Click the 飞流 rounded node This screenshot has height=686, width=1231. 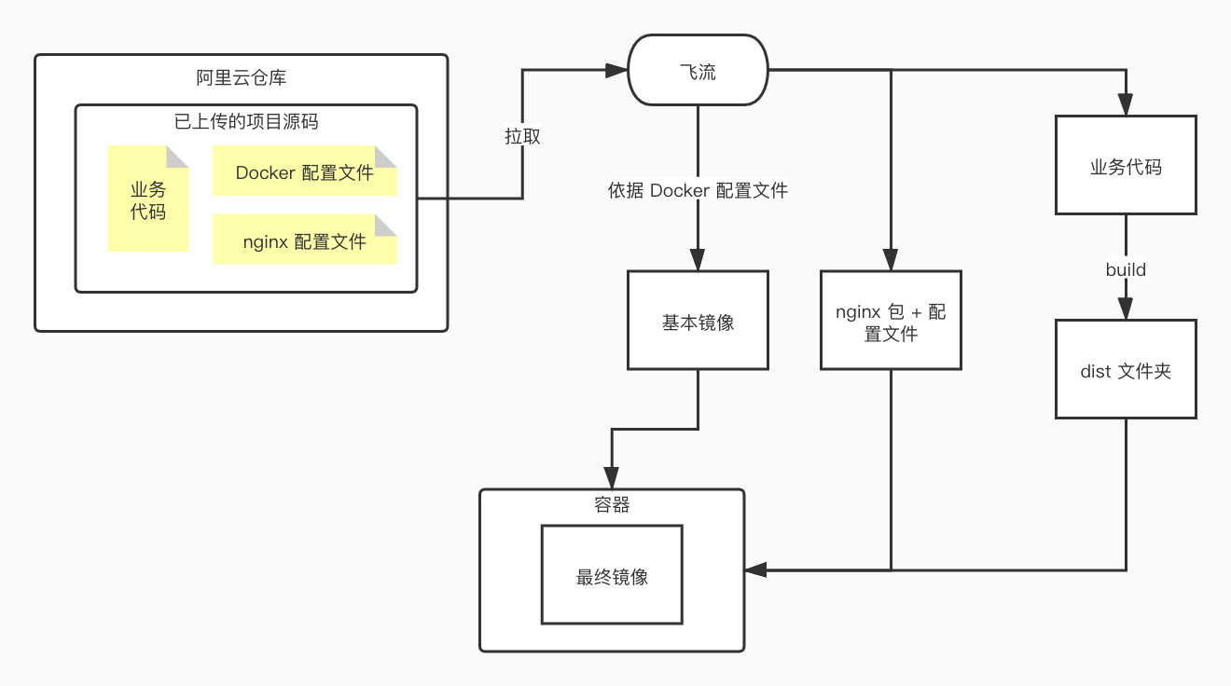698,70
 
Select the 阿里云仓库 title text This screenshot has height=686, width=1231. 241,78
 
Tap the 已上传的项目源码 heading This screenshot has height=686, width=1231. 246,122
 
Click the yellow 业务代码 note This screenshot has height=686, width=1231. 148,199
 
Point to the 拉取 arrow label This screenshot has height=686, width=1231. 522,136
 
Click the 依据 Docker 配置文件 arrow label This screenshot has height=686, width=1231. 698,190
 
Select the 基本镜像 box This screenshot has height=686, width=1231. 698,320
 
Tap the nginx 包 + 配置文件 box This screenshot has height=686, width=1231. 891,321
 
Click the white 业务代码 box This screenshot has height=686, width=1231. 1126,166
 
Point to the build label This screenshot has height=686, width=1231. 1126,269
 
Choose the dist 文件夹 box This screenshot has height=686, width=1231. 1126,369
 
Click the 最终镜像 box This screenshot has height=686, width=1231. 612,575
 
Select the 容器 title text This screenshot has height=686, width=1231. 612,505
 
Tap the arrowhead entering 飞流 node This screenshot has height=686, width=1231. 617,70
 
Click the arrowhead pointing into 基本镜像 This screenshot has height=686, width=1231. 698,261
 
